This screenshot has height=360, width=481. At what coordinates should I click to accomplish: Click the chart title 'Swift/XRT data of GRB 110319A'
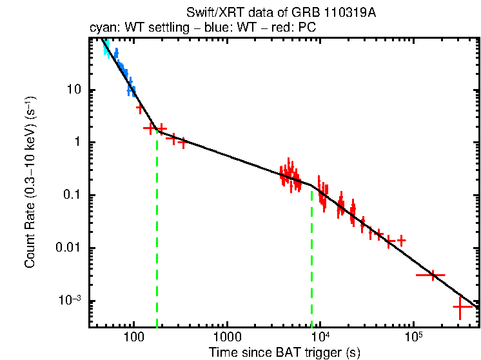tap(280, 15)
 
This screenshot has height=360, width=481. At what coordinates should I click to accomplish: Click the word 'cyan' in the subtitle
tap(101, 28)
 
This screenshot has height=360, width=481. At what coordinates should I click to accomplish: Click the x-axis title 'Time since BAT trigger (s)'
tap(284, 352)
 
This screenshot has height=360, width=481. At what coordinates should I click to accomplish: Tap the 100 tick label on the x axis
tap(133, 337)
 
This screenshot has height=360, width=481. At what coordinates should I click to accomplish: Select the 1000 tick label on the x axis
tap(226, 337)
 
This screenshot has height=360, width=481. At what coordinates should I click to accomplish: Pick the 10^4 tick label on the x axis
tap(320, 337)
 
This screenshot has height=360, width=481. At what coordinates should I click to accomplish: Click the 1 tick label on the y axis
tap(77, 143)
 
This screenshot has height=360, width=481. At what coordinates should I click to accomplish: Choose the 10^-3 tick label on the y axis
tap(70, 301)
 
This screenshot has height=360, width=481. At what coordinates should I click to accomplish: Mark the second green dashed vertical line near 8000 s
tap(312, 258)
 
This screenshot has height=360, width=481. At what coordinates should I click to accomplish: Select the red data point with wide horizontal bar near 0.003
tap(433, 275)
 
